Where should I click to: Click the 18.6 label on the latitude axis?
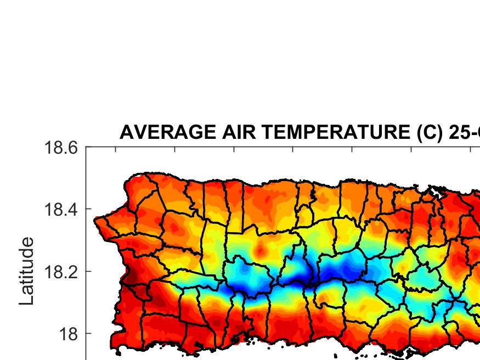pyautogui.click(x=61, y=148)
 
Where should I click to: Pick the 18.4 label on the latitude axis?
pyautogui.click(x=61, y=210)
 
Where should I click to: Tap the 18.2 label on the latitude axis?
pyautogui.click(x=61, y=272)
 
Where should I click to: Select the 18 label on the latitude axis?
pyautogui.click(x=68, y=334)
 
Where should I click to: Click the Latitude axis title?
pyautogui.click(x=26, y=271)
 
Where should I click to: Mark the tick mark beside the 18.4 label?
pyautogui.click(x=88, y=209)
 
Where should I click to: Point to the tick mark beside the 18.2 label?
pyautogui.click(x=88, y=271)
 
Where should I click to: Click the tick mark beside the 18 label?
pyautogui.click(x=88, y=333)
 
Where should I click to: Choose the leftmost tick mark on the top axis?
pyautogui.click(x=115, y=149)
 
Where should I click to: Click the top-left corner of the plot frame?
pyautogui.click(x=86, y=147)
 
